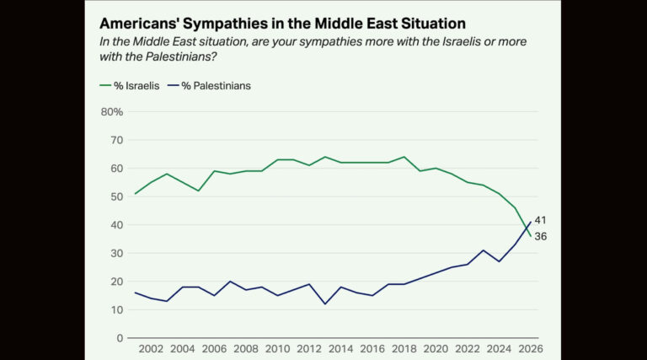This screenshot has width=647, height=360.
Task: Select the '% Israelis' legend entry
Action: pyautogui.click(x=131, y=85)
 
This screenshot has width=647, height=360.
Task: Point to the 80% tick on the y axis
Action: pyautogui.click(x=112, y=111)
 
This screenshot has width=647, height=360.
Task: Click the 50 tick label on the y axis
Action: pyautogui.click(x=117, y=196)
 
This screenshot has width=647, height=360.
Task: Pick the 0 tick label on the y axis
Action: pyautogui.click(x=120, y=338)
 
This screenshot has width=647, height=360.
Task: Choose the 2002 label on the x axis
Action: pyautogui.click(x=151, y=349)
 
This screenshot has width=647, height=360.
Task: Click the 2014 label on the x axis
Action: pyautogui.click(x=340, y=349)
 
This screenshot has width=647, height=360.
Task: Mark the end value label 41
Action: pyautogui.click(x=541, y=220)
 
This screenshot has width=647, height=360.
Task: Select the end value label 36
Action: pyautogui.click(x=541, y=237)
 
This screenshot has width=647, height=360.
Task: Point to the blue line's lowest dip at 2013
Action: pyautogui.click(x=325, y=304)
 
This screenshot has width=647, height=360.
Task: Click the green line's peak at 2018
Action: pyautogui.click(x=404, y=157)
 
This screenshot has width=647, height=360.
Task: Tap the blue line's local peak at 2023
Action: pyautogui.click(x=484, y=250)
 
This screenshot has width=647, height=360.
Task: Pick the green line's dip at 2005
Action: pyautogui.click(x=199, y=191)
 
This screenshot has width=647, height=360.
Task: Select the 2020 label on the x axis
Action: pyautogui.click(x=436, y=349)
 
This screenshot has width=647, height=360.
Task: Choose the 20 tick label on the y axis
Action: pyautogui.click(x=117, y=282)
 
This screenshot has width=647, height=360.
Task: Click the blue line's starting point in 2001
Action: pyautogui.click(x=136, y=293)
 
